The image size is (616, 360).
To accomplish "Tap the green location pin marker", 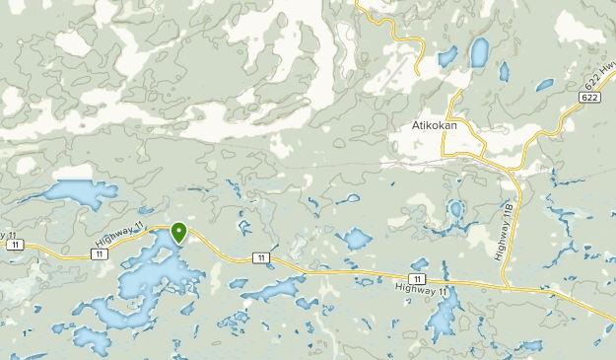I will click(x=179, y=233).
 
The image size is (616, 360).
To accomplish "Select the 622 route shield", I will click(x=589, y=99).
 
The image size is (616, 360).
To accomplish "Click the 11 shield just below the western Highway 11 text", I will click(x=102, y=253).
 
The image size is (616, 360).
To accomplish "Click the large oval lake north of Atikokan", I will click(x=480, y=51).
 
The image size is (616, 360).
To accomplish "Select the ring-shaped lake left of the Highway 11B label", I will click(x=455, y=210).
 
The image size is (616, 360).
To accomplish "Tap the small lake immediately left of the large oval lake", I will click(x=446, y=55).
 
